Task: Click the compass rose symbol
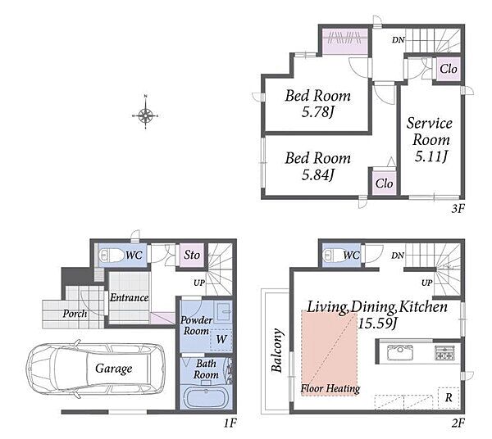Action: [x=146, y=115]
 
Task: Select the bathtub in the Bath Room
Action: [x=206, y=397]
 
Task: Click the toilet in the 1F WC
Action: [x=112, y=255]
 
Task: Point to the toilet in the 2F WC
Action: [x=336, y=255]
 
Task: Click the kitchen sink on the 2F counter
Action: [x=400, y=352]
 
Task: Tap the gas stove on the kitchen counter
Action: [x=444, y=352]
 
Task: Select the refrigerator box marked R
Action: [x=449, y=398]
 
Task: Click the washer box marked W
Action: [x=221, y=339]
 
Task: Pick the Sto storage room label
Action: [x=192, y=255]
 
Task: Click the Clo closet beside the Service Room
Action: [x=448, y=69]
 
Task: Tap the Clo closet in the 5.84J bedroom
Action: [x=384, y=183]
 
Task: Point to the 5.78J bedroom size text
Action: [x=317, y=112]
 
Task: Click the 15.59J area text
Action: [x=377, y=323]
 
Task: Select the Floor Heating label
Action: [x=330, y=389]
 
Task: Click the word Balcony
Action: [x=277, y=350]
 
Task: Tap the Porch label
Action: [x=75, y=314]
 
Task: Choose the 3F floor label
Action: [x=458, y=209]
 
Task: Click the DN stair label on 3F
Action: [x=399, y=40]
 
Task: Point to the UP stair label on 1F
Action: [x=199, y=283]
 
